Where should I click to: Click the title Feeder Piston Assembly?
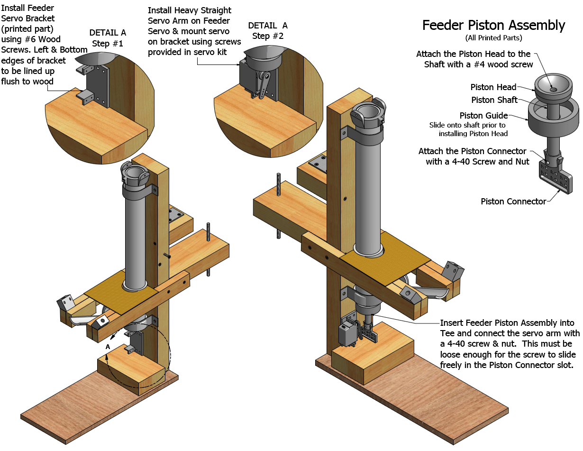click(493, 25)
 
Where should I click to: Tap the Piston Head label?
click(493, 87)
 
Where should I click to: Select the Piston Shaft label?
click(494, 100)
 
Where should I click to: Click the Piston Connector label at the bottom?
click(513, 202)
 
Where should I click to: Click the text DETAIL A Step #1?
click(108, 37)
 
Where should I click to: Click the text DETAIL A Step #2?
click(267, 30)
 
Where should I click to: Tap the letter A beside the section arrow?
click(108, 347)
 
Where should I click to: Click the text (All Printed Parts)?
click(493, 38)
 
